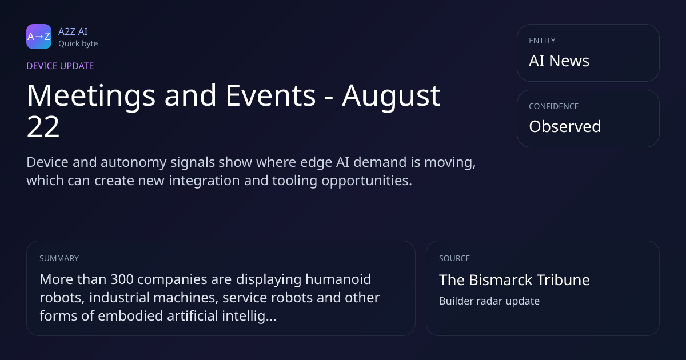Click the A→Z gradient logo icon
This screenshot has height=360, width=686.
click(x=39, y=37)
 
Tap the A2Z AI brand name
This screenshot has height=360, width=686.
click(x=73, y=31)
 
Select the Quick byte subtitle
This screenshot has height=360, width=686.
click(x=78, y=44)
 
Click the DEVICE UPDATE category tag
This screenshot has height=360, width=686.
click(x=60, y=66)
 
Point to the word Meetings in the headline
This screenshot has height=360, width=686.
click(x=91, y=96)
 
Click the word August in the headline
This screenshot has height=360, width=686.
click(x=391, y=96)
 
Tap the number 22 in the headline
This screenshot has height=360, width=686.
click(x=43, y=127)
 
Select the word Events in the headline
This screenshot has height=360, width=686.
click(x=270, y=95)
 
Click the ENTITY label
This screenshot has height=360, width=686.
click(x=542, y=41)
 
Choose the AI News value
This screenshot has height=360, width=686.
click(x=559, y=61)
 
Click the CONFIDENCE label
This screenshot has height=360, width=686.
click(x=554, y=106)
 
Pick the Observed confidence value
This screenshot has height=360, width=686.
click(x=565, y=126)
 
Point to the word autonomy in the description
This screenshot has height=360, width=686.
click(x=134, y=162)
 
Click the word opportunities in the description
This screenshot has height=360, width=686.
click(x=366, y=181)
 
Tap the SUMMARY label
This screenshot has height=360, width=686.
click(x=59, y=258)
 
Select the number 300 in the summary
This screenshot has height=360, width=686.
click(x=122, y=279)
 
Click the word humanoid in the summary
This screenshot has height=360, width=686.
click(x=338, y=279)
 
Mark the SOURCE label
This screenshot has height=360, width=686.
click(x=454, y=258)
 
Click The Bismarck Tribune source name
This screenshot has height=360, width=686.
click(x=514, y=280)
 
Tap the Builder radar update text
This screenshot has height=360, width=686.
click(x=489, y=301)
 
